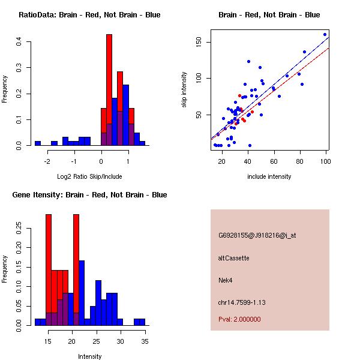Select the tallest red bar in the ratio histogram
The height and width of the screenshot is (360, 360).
click(109, 90)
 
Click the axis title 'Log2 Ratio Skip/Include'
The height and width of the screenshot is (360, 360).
click(89, 176)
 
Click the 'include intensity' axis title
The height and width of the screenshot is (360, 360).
click(269, 176)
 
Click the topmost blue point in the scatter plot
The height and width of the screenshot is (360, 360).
click(325, 34)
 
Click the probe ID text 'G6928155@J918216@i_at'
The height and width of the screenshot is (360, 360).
click(257, 235)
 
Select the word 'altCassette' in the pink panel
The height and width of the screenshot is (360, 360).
click(234, 258)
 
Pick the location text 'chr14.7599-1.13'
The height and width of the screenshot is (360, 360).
click(242, 302)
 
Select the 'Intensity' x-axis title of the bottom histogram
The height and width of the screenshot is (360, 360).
click(89, 356)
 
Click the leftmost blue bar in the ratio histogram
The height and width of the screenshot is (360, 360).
click(37, 143)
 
